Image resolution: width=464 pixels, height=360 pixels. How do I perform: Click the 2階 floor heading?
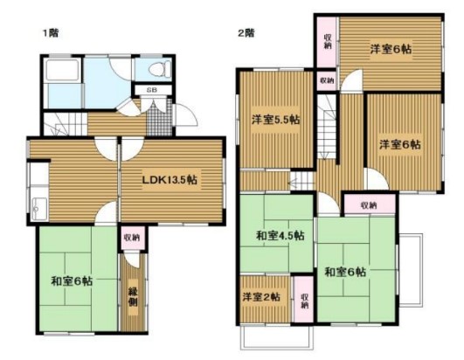click(245, 33)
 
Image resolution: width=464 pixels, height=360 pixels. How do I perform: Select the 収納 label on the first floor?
click(131, 235)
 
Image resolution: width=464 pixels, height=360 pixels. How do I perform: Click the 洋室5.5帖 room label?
click(276, 119)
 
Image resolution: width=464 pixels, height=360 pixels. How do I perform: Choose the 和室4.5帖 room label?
click(280, 235)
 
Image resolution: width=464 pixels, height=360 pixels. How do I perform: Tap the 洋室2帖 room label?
click(262, 298)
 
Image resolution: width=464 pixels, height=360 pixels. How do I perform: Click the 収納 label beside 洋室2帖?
click(303, 300)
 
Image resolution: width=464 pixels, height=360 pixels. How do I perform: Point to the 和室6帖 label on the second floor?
click(349, 270)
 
